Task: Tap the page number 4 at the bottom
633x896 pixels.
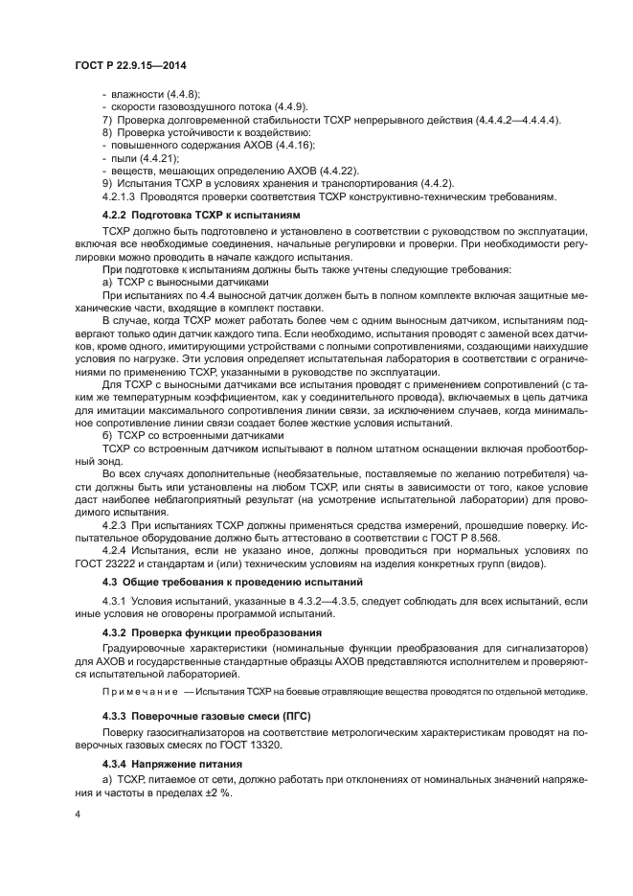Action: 77,814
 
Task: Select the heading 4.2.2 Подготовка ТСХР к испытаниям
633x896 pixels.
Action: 201,216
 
